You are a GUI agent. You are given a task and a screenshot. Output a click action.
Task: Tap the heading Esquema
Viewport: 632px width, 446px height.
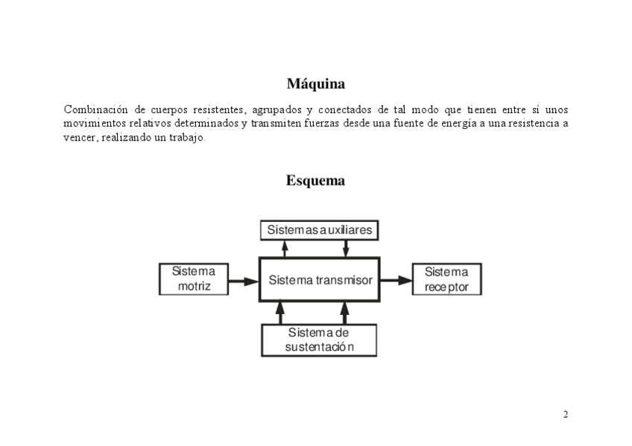click(x=315, y=180)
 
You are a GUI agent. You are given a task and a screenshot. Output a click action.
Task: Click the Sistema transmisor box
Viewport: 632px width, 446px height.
click(x=320, y=280)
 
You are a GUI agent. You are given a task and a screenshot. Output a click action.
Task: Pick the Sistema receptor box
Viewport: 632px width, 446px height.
click(x=446, y=279)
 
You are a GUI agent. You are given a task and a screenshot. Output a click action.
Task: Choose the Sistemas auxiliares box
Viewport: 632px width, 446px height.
click(x=320, y=230)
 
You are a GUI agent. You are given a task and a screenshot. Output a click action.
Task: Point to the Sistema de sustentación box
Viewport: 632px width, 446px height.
click(x=319, y=340)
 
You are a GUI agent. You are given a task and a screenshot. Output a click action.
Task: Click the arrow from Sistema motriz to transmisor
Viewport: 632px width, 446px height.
click(x=243, y=281)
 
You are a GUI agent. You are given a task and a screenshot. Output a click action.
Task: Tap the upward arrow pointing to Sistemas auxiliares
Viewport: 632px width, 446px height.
click(x=284, y=249)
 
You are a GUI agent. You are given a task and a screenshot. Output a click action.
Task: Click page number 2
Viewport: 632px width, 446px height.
click(x=566, y=414)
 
